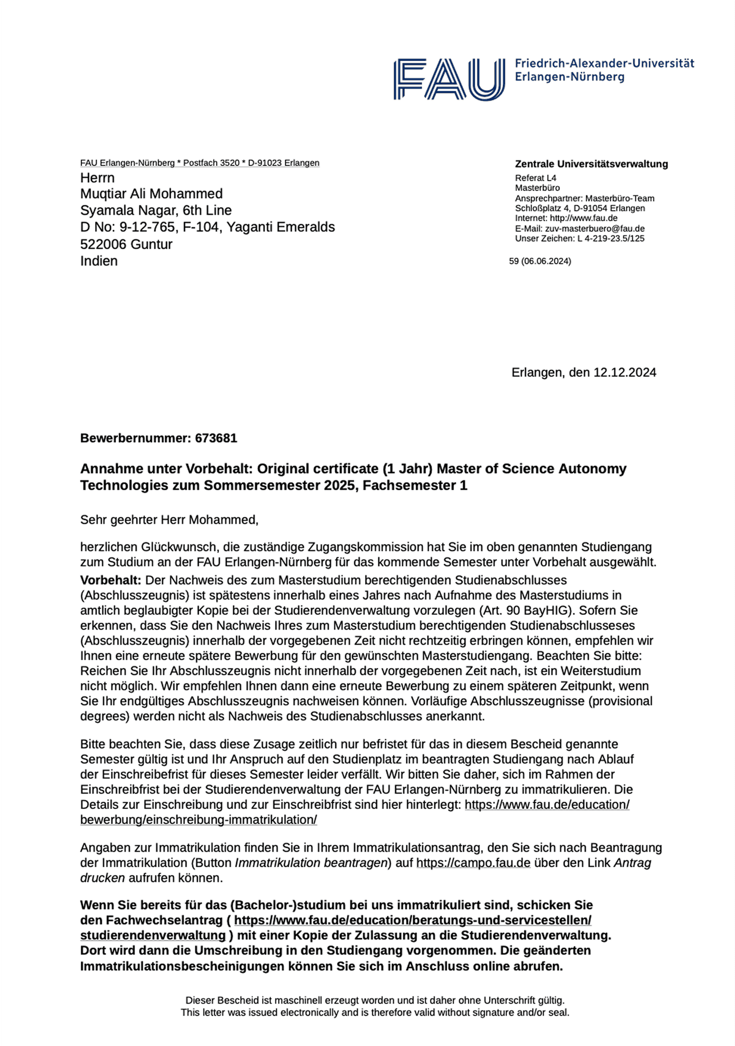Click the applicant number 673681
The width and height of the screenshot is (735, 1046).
pyautogui.click(x=216, y=438)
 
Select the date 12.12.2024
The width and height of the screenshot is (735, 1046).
pyautogui.click(x=625, y=372)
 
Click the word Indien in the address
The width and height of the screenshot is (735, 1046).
pyautogui.click(x=99, y=261)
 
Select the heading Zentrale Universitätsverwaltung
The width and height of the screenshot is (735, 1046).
pyautogui.click(x=591, y=164)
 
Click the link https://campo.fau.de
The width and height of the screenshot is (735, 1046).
pyautogui.click(x=473, y=863)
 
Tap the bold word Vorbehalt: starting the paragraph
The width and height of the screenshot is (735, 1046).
pyautogui.click(x=110, y=580)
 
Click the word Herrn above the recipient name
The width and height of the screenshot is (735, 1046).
pyautogui.click(x=97, y=178)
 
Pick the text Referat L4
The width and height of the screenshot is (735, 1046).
pyautogui.click(x=535, y=178)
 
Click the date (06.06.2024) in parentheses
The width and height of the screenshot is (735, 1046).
pyautogui.click(x=546, y=261)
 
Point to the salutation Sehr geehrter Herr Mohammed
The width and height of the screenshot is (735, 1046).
pyautogui.click(x=169, y=520)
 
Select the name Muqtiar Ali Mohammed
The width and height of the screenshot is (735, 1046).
pyautogui.click(x=151, y=194)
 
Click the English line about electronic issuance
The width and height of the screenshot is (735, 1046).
pyautogui.click(x=375, y=1012)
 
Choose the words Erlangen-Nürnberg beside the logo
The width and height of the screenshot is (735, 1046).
pyautogui.click(x=569, y=77)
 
